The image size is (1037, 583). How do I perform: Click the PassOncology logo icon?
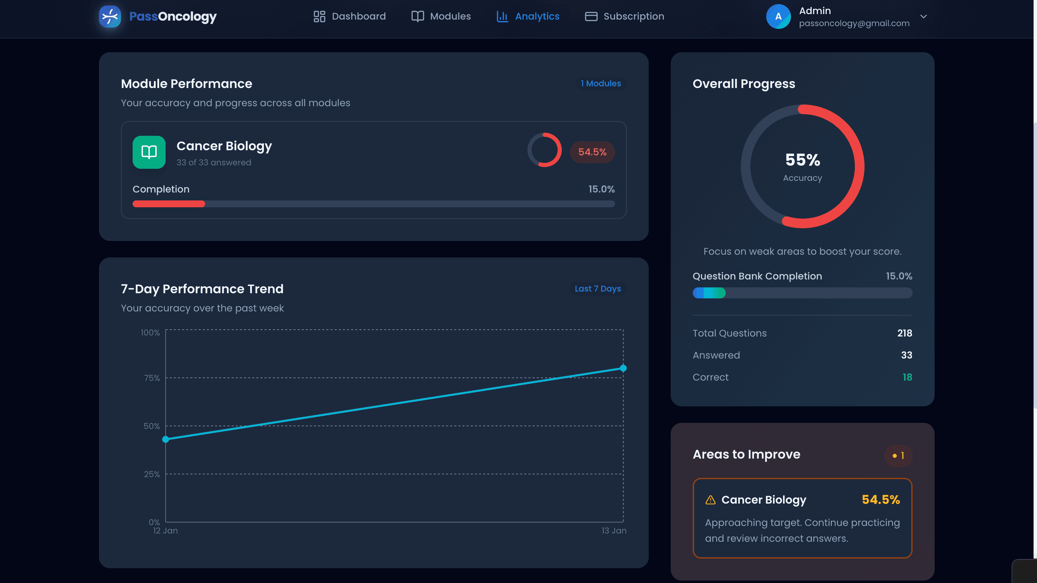110,16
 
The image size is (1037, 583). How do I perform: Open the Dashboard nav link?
349,16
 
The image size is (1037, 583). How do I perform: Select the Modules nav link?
441,16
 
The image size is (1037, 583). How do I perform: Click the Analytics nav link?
528,16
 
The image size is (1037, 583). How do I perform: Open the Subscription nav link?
624,16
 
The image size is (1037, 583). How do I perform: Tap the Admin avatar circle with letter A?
778,16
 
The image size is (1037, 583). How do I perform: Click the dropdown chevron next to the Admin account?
924,16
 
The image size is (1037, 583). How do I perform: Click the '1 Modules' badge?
601,83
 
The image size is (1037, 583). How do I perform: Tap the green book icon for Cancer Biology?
149,152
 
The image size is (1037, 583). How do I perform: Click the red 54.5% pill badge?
592,152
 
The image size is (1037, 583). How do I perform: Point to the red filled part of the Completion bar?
169,204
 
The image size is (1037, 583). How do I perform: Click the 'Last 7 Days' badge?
598,289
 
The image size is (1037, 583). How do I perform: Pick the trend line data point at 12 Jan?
166,439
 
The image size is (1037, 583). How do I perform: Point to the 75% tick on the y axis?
152,378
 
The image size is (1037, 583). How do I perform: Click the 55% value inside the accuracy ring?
802,160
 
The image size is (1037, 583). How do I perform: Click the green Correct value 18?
907,377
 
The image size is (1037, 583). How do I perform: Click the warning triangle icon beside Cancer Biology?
711,500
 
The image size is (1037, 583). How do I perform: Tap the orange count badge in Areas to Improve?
898,455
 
